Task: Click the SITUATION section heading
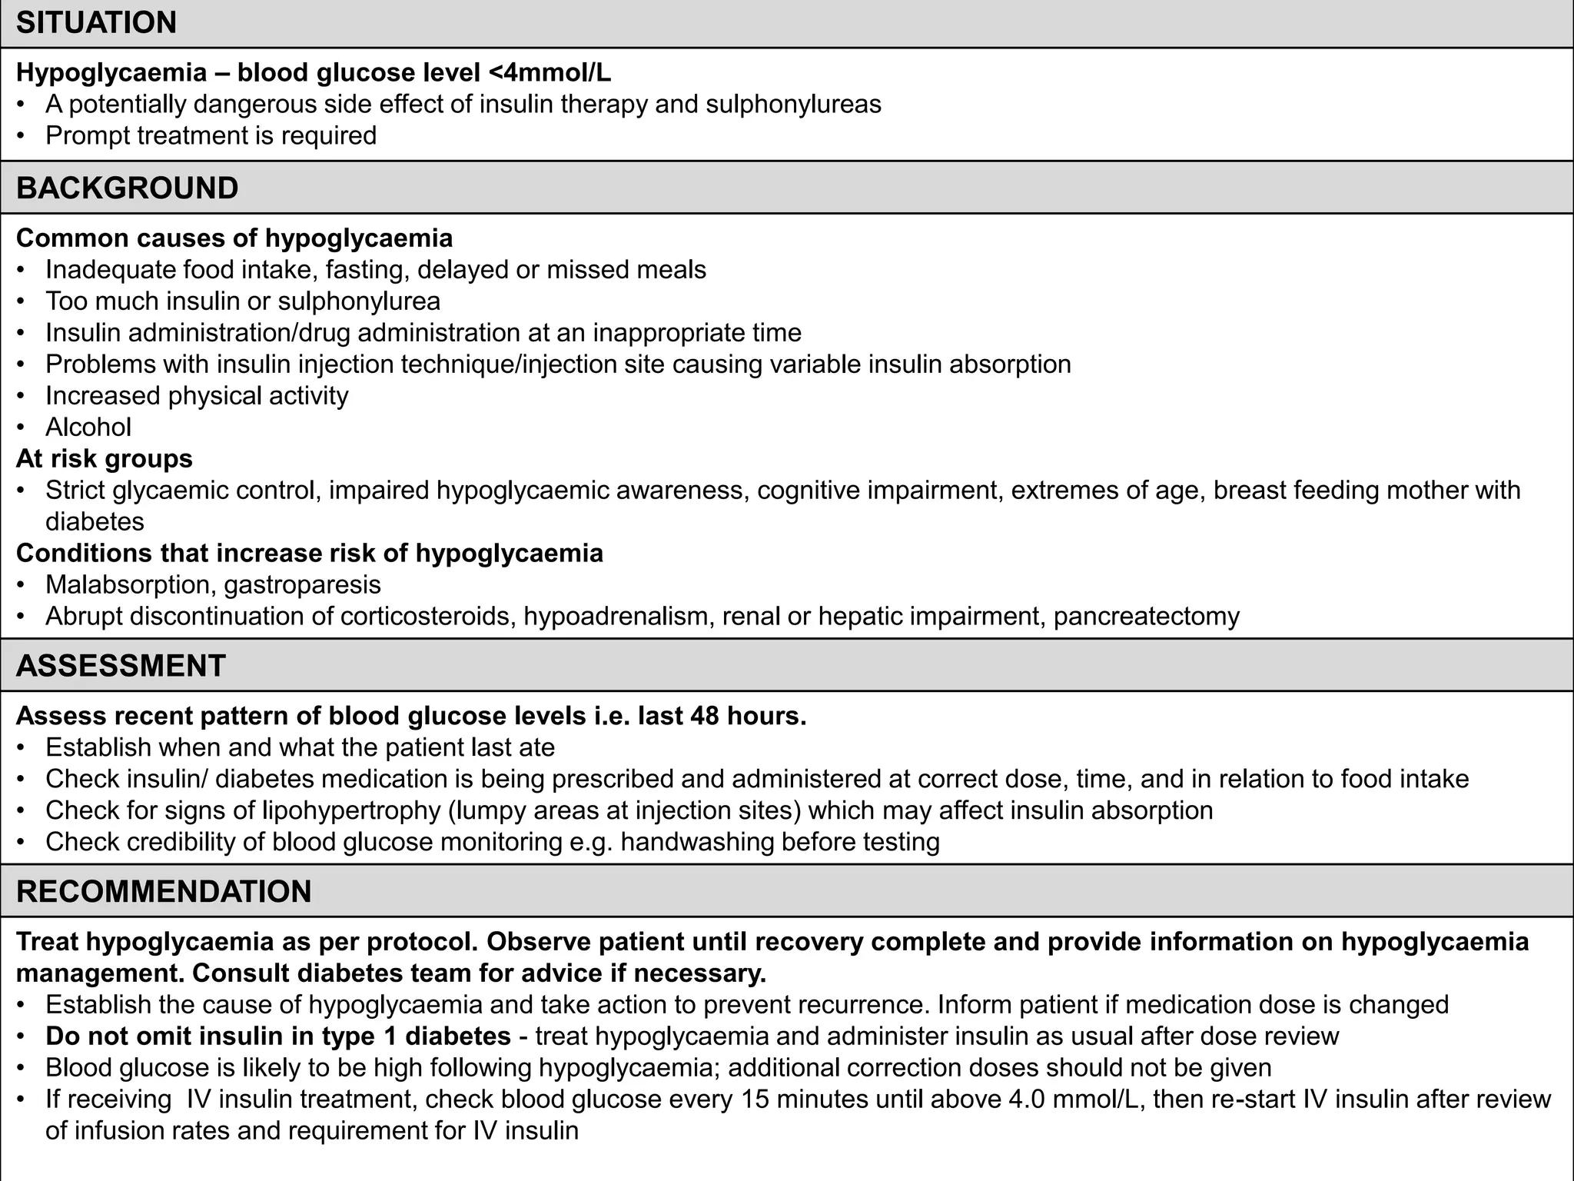point(96,22)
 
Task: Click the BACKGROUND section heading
point(127,188)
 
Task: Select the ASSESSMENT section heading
point(121,665)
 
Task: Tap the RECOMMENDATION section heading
point(164,891)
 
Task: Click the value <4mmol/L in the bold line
point(550,72)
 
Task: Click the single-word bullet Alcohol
point(88,427)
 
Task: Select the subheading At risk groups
point(104,458)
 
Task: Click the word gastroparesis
point(303,584)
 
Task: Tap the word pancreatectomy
point(1146,616)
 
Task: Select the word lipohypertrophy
point(339,810)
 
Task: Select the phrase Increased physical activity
point(197,395)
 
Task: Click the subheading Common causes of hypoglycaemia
point(234,238)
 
